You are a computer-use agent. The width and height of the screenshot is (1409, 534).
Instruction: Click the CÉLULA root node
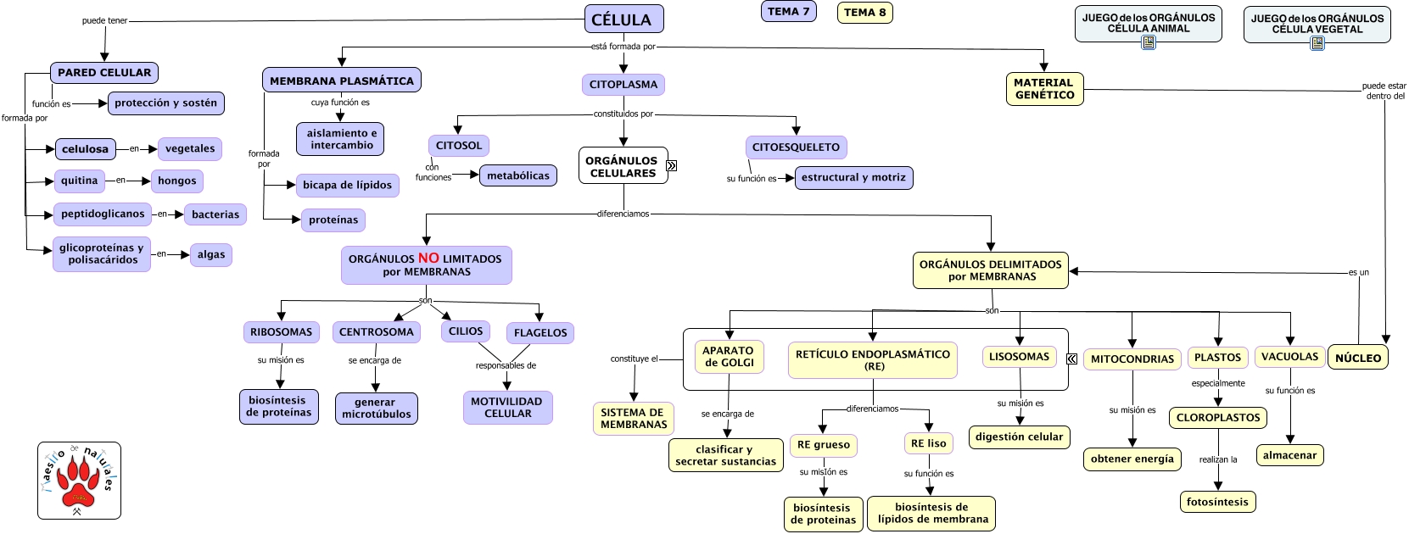pos(623,19)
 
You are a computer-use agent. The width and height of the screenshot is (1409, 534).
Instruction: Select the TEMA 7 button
pos(788,12)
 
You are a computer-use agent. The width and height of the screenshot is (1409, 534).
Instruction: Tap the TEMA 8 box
pos(864,13)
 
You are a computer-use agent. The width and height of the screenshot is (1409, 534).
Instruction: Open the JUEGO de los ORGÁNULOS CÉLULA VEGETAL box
pos(1317,24)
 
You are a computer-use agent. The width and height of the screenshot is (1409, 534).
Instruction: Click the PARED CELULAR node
pos(104,73)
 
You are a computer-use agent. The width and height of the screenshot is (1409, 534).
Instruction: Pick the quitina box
pos(80,181)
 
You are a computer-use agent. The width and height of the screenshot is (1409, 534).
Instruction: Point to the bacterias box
pos(215,214)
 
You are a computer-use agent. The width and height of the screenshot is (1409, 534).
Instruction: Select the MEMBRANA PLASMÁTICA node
pos(342,81)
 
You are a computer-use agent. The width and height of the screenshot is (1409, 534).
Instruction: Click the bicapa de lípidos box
pos(347,185)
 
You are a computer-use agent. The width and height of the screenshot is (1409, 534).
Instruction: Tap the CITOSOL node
pos(459,146)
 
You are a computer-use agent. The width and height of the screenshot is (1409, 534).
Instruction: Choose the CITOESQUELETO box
pos(796,147)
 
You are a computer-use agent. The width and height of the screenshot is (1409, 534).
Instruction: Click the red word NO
pos(428,258)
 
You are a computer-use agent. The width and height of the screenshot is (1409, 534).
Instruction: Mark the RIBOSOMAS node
pos(281,332)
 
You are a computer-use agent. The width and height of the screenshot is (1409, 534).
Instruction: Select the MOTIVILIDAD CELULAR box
pos(507,408)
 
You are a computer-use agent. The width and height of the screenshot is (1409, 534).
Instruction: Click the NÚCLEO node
pos(1357,358)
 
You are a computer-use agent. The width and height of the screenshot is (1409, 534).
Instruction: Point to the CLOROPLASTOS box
pos(1218,418)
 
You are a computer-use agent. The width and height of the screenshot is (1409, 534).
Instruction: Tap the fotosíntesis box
pos(1217,502)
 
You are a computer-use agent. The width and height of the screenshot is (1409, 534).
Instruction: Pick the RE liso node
pos(928,443)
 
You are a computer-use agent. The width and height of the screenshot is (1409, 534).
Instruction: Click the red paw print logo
pos(79,481)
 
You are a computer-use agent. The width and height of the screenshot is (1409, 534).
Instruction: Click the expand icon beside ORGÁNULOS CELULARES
pos(672,166)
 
